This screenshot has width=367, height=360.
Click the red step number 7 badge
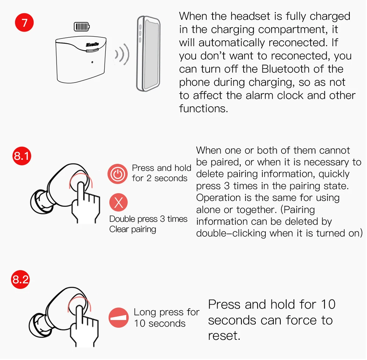coord(24,22)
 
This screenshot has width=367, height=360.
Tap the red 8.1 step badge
coord(22,156)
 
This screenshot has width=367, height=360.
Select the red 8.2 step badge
coord(20,279)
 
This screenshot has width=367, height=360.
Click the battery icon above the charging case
coord(82,26)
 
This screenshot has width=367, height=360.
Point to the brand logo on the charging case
coord(92,44)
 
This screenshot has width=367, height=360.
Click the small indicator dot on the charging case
coord(92,62)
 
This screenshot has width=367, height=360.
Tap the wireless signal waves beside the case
coord(122,55)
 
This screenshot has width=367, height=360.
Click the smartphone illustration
coord(148,54)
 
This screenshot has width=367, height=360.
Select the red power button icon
coord(117,174)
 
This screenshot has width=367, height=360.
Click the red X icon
coord(119,202)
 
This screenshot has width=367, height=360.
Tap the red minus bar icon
coord(119,317)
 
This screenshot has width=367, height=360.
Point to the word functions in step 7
coord(203,109)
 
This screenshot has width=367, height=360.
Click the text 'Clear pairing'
coord(132,229)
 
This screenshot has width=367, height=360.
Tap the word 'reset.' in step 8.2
coord(224,336)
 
